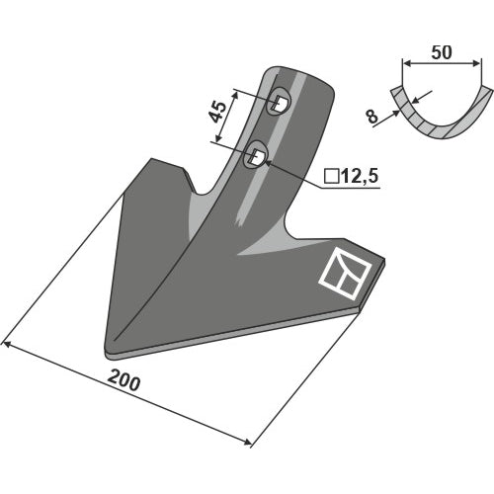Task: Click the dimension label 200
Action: point(123,381)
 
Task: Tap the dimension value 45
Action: point(218,113)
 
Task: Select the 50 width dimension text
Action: point(442,52)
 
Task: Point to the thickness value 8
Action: point(371,117)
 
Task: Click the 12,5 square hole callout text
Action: point(361,176)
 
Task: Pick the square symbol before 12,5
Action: point(332,176)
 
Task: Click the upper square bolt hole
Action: point(279,102)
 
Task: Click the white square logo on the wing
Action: point(345,274)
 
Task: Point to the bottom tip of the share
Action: point(107,353)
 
